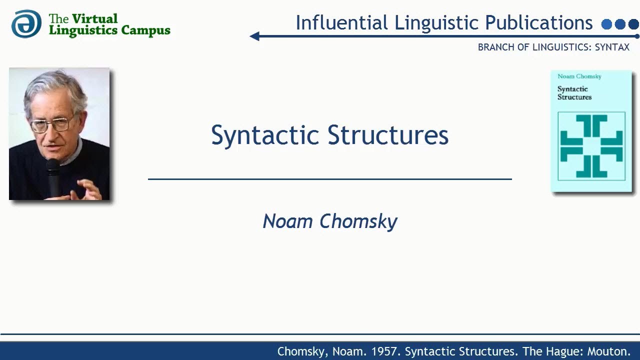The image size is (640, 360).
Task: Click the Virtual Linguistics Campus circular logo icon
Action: [26, 23]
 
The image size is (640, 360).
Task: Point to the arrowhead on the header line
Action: [254, 36]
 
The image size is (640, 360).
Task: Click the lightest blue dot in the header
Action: [607, 24]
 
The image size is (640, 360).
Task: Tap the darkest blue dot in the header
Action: [633, 24]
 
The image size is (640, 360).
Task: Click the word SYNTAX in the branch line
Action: [612, 47]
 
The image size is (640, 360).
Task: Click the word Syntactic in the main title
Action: [265, 135]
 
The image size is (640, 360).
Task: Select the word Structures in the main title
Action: [388, 135]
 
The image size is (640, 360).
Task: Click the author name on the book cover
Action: [579, 76]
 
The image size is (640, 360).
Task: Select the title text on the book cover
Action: [574, 93]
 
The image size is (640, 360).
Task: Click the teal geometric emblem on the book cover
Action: [591, 146]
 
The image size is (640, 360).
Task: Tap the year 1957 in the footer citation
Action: [385, 351]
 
